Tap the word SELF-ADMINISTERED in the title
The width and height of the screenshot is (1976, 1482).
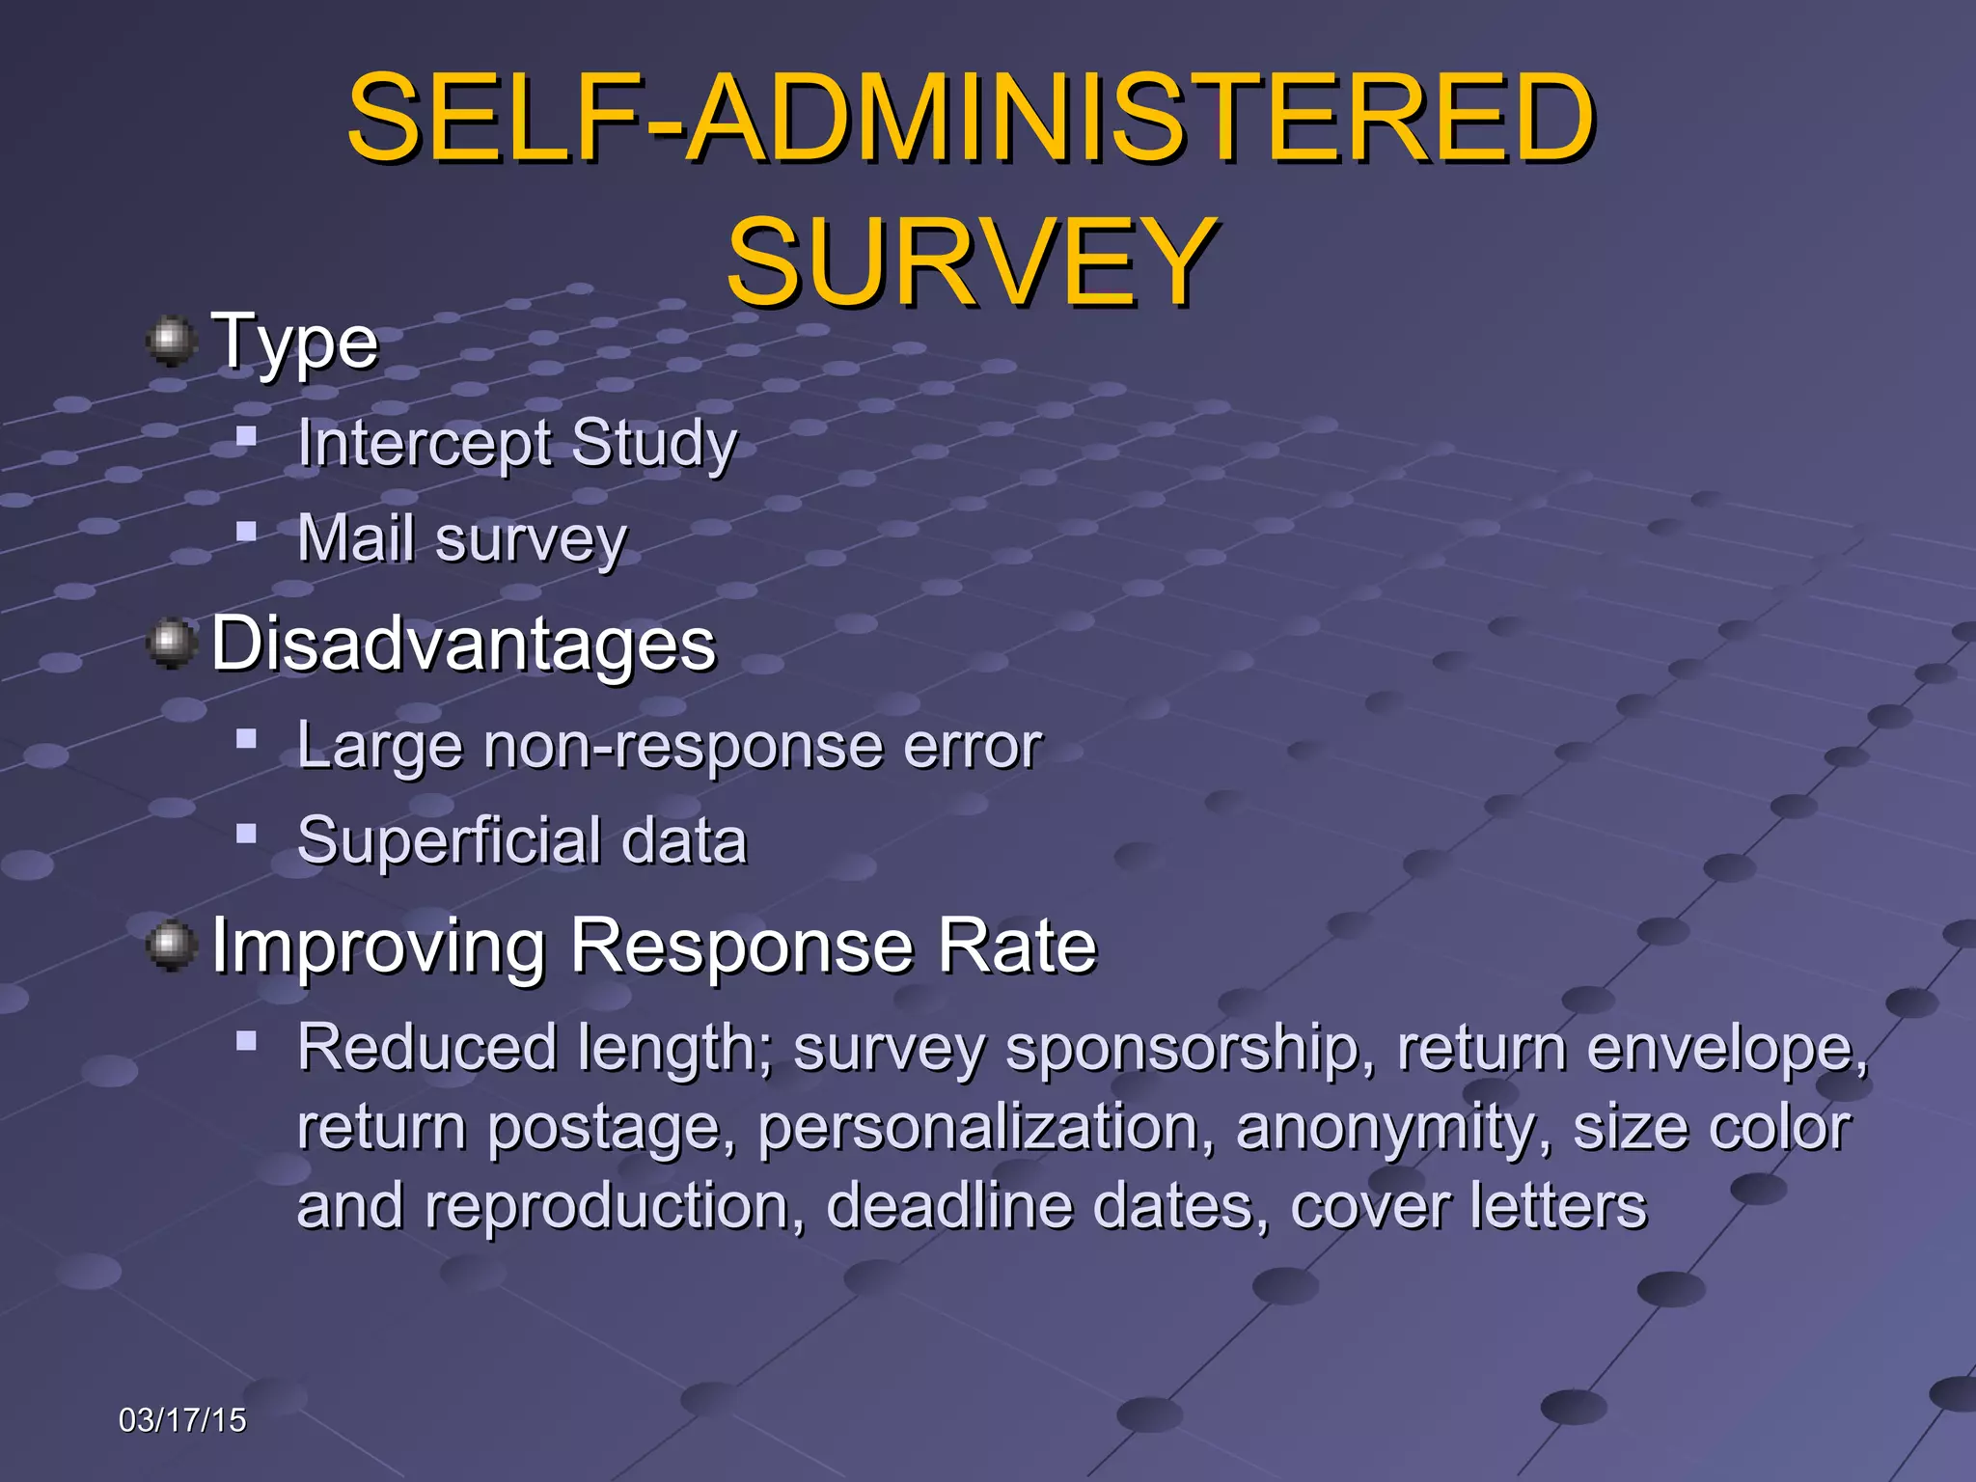(971, 118)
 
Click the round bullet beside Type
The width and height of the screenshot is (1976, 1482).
(172, 340)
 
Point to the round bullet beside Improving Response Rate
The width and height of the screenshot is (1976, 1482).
(172, 945)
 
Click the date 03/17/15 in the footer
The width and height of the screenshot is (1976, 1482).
(182, 1420)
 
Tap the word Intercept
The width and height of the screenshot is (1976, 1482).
(424, 444)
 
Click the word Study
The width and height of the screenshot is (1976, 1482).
(654, 444)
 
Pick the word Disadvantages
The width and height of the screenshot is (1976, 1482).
(463, 644)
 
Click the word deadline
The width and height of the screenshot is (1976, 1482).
(949, 1206)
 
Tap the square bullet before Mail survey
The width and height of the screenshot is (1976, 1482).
(247, 531)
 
